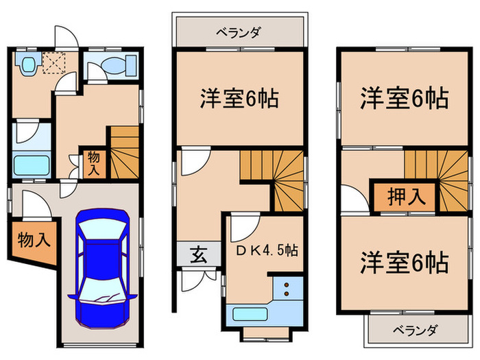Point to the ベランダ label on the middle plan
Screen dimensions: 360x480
pos(237,32)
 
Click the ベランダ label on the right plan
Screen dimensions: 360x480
pos(413,331)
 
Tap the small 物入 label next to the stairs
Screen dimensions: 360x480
pos(93,163)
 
